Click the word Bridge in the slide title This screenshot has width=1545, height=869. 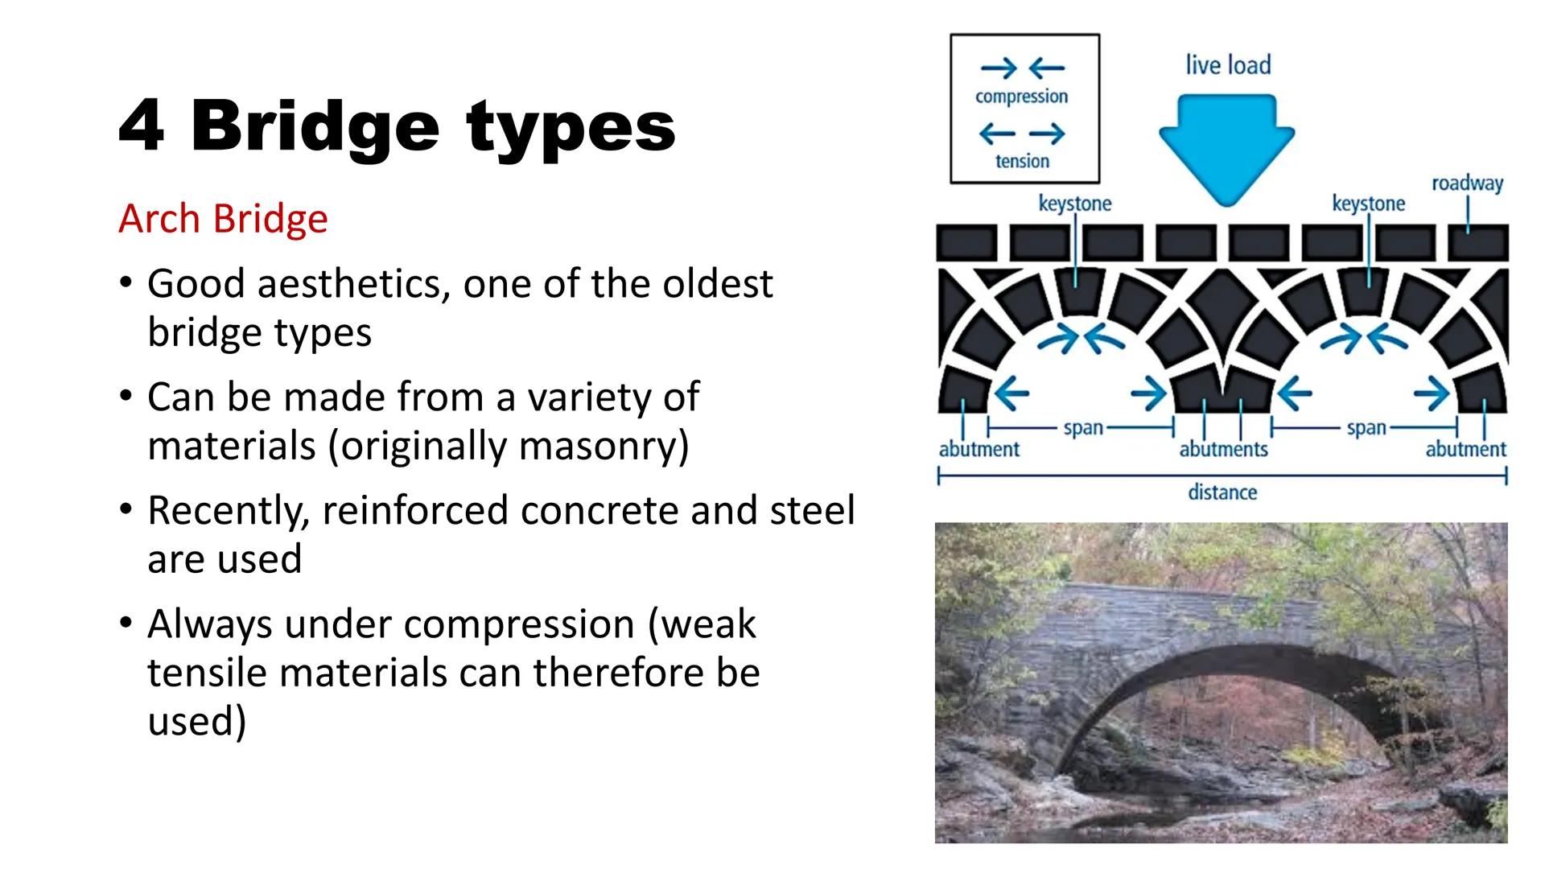tap(315, 126)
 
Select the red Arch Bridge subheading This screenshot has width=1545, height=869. tap(223, 219)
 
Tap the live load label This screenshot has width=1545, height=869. tap(1228, 65)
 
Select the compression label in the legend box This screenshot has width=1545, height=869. tap(1021, 97)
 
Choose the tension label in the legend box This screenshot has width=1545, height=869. tap(1022, 161)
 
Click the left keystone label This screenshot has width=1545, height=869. tap(1074, 204)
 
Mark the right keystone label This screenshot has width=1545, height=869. tap(1368, 204)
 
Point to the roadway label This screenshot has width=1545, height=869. tap(1467, 183)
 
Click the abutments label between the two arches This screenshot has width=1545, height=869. tap(1223, 449)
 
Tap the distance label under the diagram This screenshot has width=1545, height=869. tap(1222, 492)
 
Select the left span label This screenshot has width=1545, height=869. tap(1083, 427)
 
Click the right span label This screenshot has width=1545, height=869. tap(1366, 427)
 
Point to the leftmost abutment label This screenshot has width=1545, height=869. tap(978, 449)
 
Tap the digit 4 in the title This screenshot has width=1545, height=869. tap(142, 126)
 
